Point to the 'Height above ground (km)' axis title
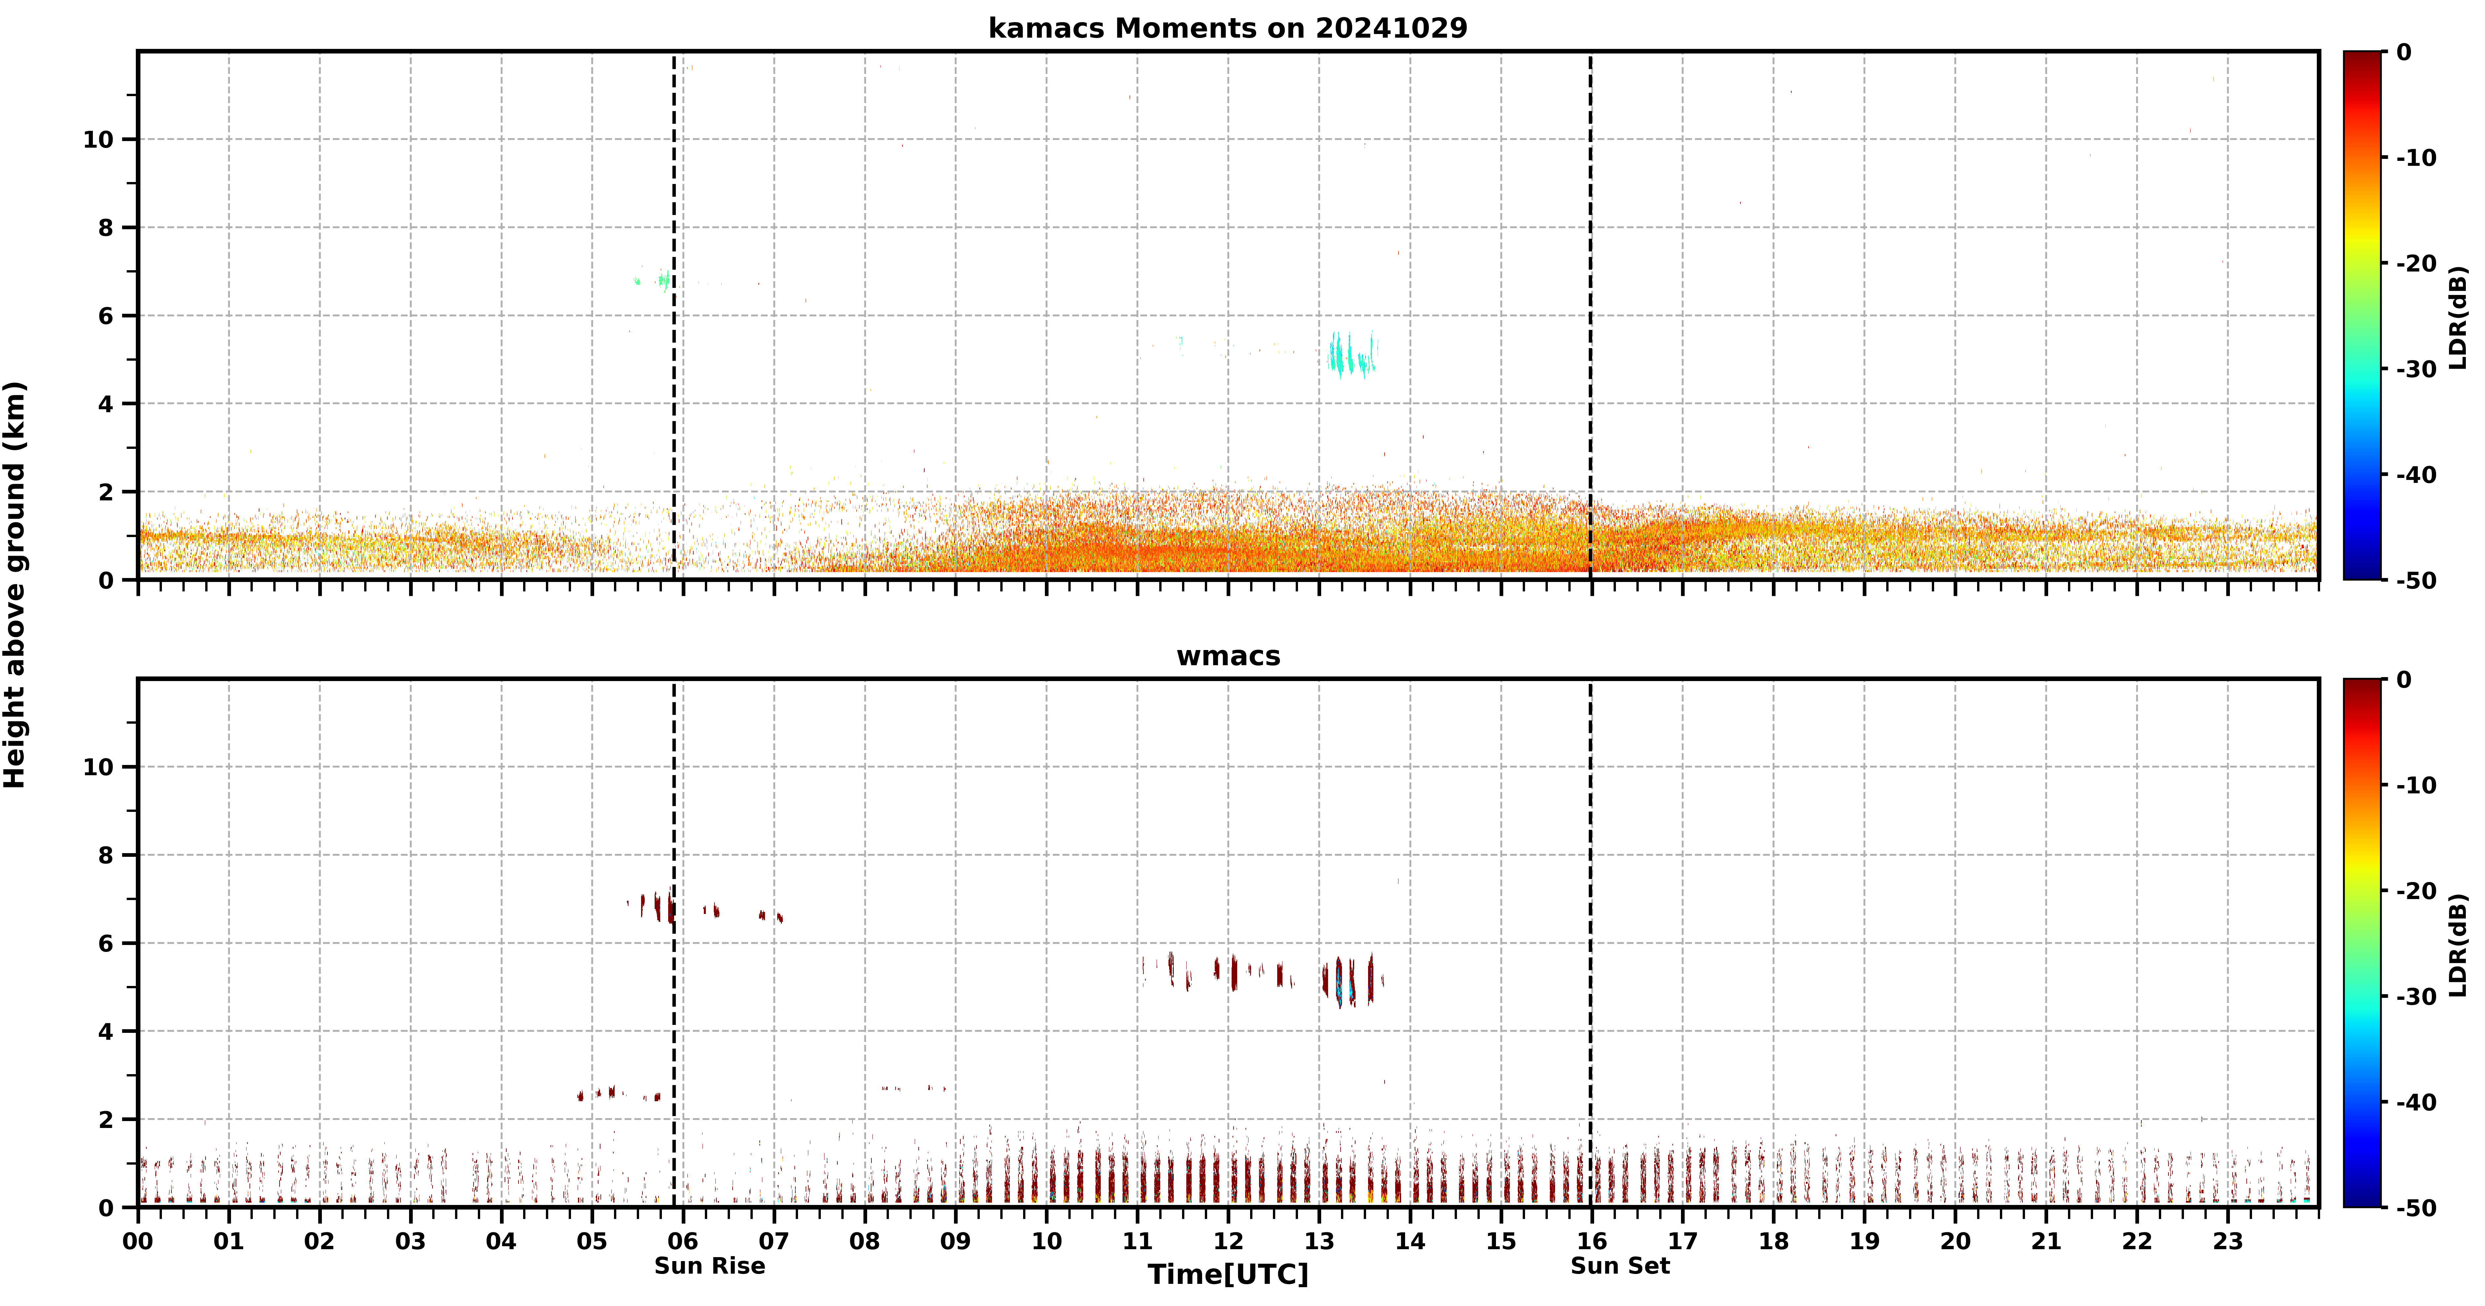pos(15,585)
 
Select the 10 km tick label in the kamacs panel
pos(98,140)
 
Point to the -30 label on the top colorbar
pos(2418,369)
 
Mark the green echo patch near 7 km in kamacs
pos(654,280)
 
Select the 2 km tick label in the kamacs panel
pos(106,492)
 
